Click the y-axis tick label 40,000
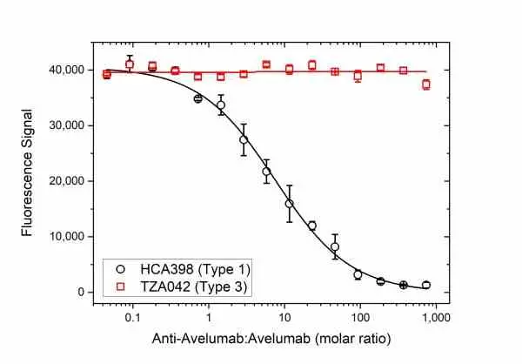[x=67, y=71]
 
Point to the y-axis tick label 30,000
[x=67, y=125]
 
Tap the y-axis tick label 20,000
[x=67, y=181]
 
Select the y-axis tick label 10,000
[x=67, y=237]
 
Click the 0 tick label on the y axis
[x=81, y=292]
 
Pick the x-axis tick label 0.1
[x=133, y=318]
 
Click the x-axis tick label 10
[x=284, y=318]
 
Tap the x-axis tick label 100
[x=360, y=318]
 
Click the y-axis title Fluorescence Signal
[x=27, y=173]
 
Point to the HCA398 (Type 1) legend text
[x=195, y=269]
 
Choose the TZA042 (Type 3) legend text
[x=194, y=286]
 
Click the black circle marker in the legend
[x=121, y=269]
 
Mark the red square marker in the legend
[x=121, y=286]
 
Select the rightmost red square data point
[x=426, y=84]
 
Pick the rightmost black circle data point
[x=426, y=285]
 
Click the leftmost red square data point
[x=107, y=74]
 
